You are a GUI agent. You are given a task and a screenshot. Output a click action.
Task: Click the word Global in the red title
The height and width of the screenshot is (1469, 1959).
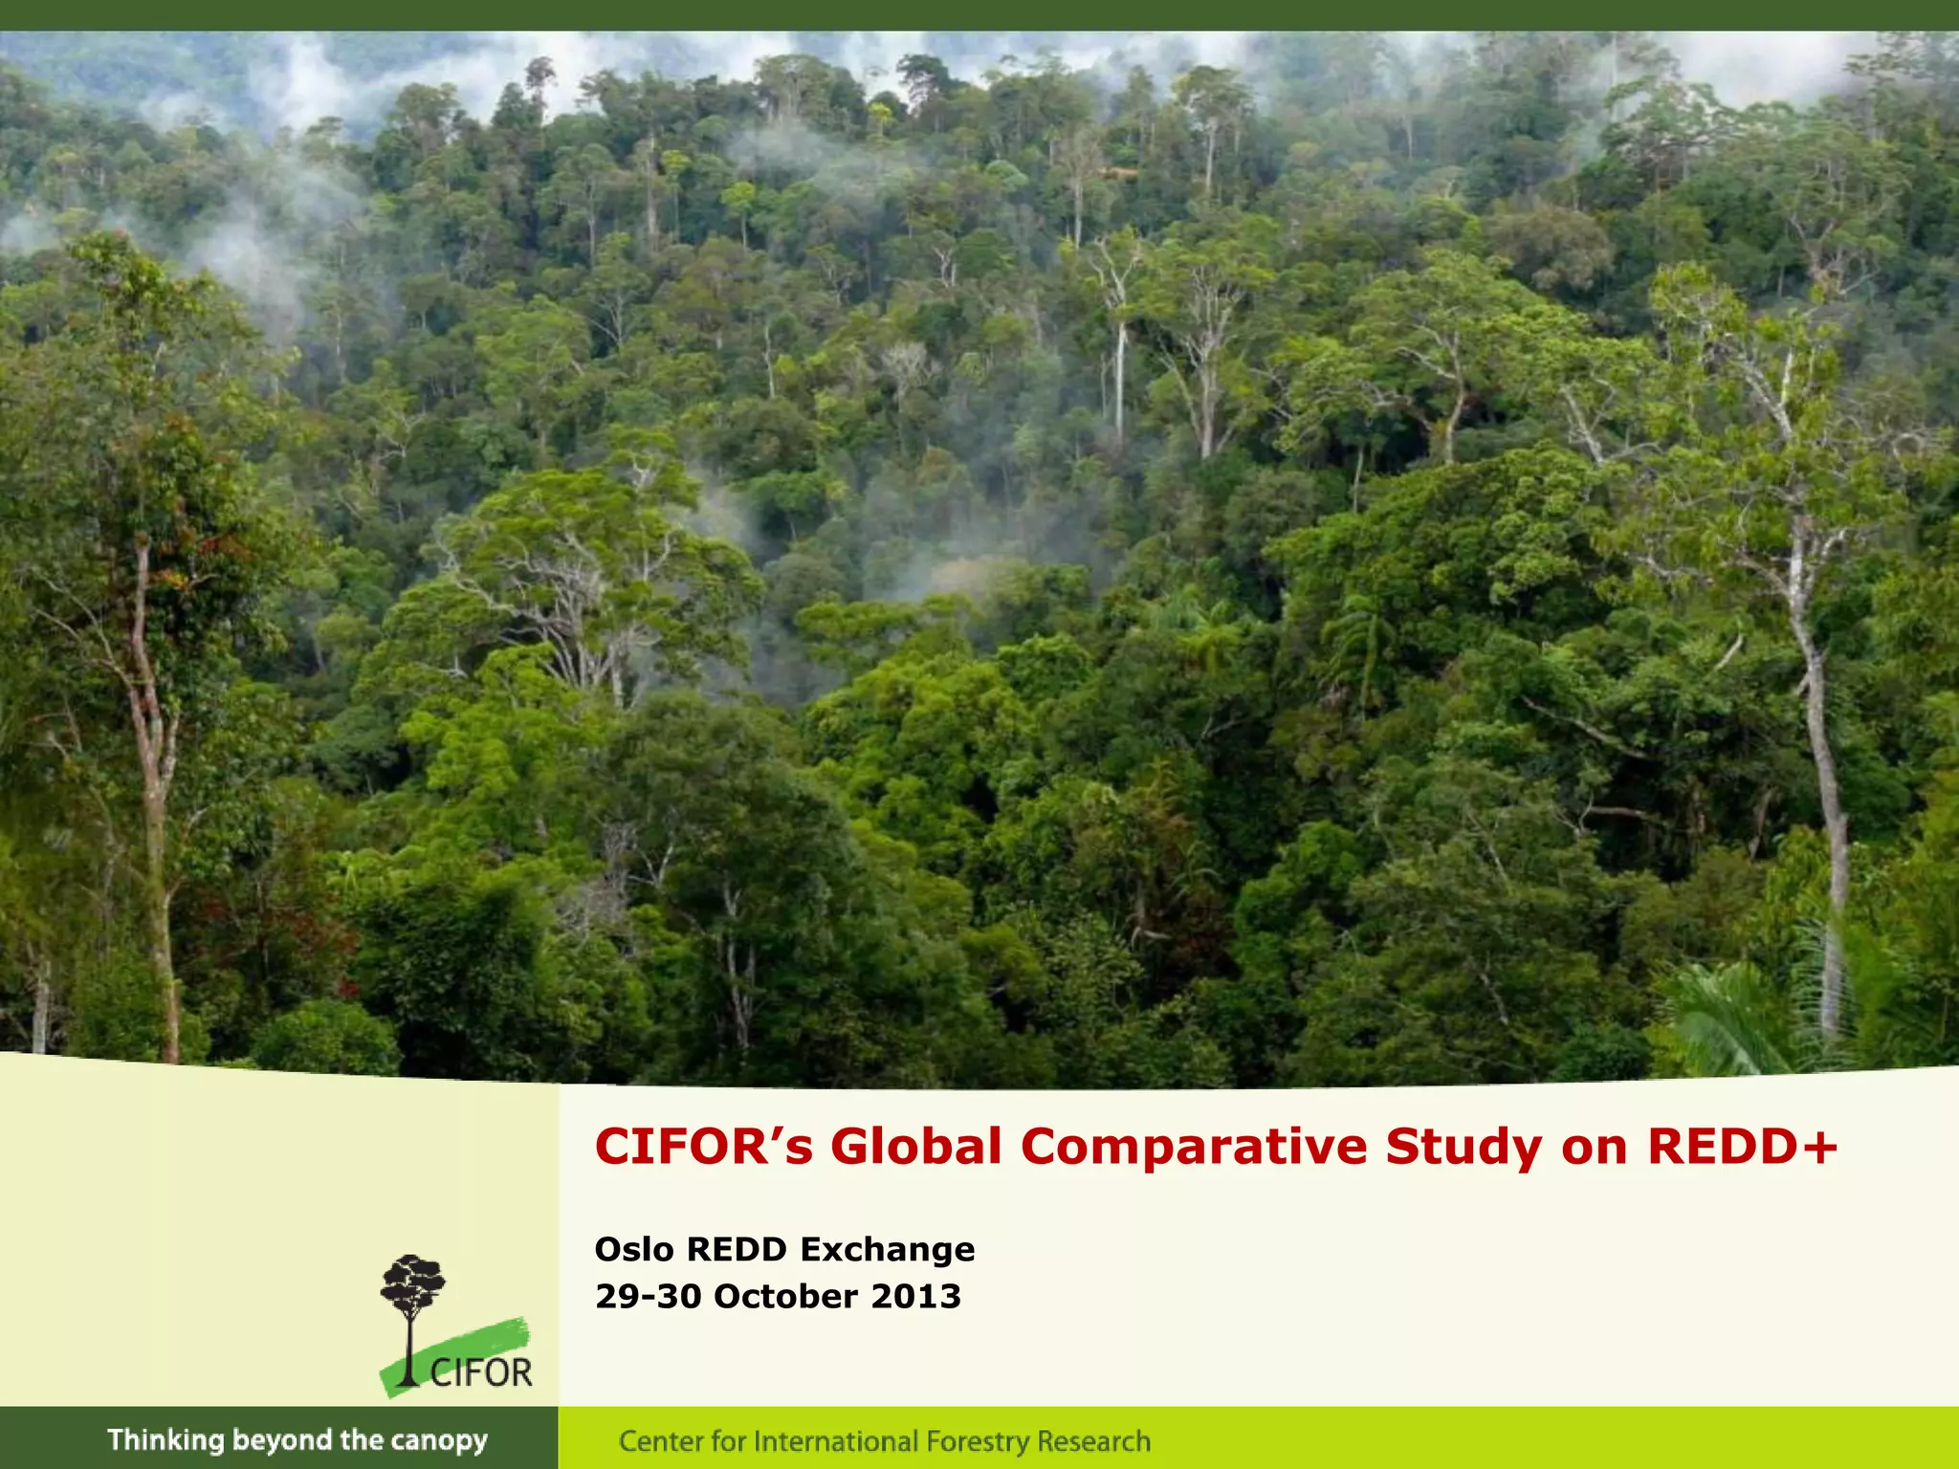coord(915,1147)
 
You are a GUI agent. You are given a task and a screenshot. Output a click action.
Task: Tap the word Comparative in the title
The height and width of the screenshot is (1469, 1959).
coord(1193,1147)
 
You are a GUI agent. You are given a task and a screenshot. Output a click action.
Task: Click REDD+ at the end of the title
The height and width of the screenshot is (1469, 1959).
coord(1741,1147)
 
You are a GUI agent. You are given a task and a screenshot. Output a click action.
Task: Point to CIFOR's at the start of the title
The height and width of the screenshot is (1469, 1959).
coord(703,1147)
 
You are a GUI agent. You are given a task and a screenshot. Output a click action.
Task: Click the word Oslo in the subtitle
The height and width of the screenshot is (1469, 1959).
coord(634,1249)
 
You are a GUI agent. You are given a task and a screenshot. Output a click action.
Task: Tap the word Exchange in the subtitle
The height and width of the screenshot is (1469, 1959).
coord(887,1249)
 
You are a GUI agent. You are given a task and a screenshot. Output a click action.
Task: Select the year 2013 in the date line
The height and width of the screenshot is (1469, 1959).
coord(915,1296)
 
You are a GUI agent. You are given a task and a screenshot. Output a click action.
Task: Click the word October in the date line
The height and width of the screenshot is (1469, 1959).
coord(785,1296)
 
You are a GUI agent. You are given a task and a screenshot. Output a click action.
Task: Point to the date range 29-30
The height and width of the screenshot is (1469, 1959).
coord(649,1296)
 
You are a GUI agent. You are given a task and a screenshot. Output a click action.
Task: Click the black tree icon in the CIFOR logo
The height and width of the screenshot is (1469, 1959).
coord(412,1291)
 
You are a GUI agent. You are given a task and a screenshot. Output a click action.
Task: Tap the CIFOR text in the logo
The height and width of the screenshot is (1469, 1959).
coord(480,1373)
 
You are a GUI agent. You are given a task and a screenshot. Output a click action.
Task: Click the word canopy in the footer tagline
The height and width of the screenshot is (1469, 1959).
coord(440,1440)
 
